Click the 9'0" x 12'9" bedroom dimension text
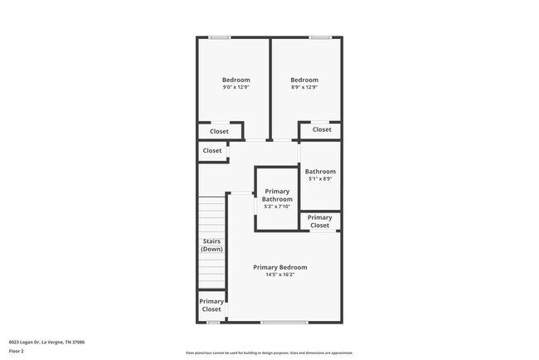pos(236,87)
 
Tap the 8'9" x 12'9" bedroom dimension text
pos(304,87)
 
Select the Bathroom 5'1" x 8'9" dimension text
pos(320,179)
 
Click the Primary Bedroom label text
pos(280,267)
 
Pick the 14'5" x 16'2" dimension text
pos(280,275)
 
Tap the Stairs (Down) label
pos(211,245)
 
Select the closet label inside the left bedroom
pos(219,131)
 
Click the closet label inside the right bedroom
pos(322,129)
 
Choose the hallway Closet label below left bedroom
pos(212,151)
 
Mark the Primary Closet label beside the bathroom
pos(320,221)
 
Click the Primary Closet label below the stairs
pos(211,305)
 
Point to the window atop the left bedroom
pos(220,36)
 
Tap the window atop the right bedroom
pos(320,36)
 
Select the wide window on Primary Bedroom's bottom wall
pos(284,322)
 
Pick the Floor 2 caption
pos(17,351)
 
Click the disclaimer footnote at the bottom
pos(269,353)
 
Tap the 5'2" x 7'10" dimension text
pos(277,207)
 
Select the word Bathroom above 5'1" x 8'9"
pos(320,172)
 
